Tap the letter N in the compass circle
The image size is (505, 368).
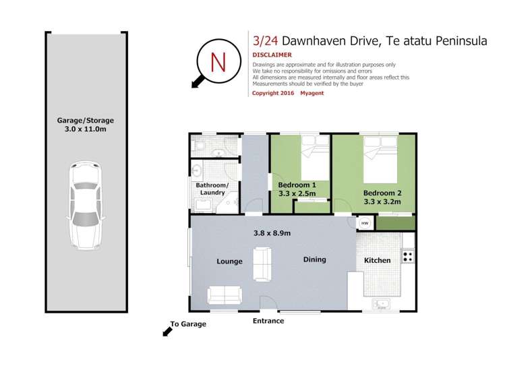pos(218,62)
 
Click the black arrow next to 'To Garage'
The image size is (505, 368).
pos(165,330)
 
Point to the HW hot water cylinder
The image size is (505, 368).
pos(365,223)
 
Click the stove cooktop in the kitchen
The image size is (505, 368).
pos(407,255)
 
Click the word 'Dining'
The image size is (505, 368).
pos(314,259)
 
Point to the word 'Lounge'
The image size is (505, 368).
pos(229,262)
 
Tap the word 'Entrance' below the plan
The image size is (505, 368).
pos(268,321)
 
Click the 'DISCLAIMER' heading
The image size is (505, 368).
pos(272,55)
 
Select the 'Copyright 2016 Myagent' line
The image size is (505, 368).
pos(288,93)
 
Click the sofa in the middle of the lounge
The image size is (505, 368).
pos(262,264)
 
